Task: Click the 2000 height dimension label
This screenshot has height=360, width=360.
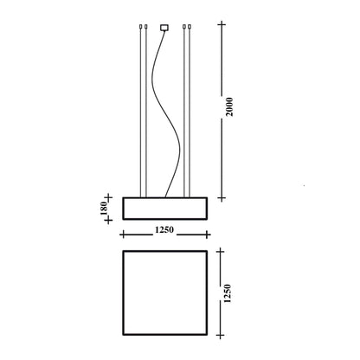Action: tap(229, 107)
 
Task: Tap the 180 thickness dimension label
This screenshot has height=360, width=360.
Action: tap(104, 208)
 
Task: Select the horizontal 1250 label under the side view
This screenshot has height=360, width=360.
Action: tap(164, 230)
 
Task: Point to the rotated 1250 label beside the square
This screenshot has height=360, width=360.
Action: tap(228, 293)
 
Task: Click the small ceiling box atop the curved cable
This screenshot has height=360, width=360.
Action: tap(164, 28)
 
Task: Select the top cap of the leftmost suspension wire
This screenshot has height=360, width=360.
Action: tap(140, 27)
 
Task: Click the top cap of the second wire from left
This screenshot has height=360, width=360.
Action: tap(146, 27)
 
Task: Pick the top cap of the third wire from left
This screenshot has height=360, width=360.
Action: tap(184, 27)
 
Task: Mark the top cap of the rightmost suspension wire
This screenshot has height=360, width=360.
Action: tap(190, 27)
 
